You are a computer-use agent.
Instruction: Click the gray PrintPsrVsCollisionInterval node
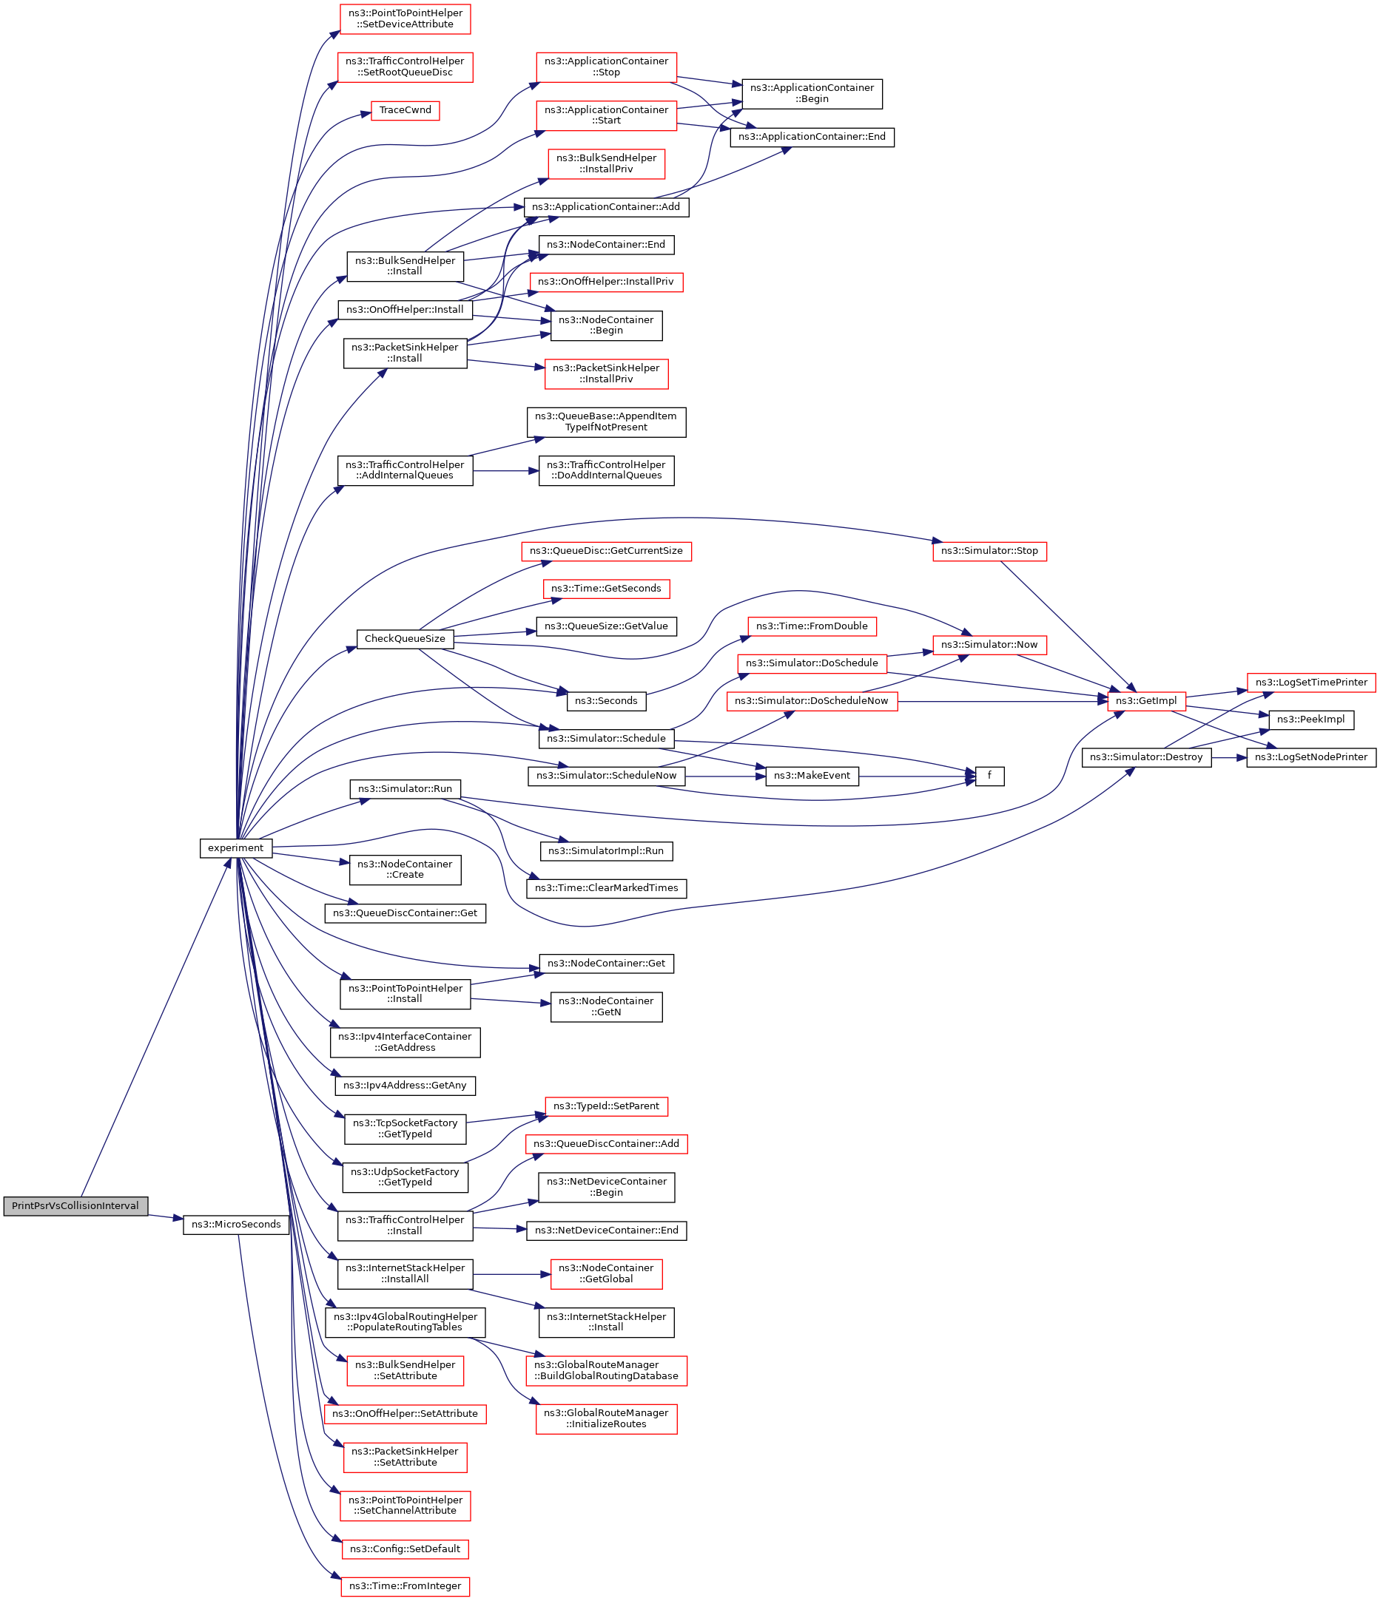75,1205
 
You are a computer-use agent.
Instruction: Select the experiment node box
236,847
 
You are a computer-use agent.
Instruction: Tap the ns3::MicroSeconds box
236,1224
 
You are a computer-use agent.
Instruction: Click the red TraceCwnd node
405,109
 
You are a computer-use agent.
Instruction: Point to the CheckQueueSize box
405,638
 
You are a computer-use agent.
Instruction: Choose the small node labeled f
989,776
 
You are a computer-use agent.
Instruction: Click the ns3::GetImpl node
1146,701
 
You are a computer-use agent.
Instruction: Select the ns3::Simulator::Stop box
989,551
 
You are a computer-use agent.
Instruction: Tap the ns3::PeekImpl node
1311,720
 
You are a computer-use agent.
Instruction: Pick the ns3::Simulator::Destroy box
1146,757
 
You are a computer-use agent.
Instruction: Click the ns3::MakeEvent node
812,776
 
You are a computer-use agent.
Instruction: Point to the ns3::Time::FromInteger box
405,1585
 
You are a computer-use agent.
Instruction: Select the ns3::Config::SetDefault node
405,1548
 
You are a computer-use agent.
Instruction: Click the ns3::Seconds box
606,701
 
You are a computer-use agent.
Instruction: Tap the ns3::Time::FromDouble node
812,626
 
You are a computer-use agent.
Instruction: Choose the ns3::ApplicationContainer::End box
812,137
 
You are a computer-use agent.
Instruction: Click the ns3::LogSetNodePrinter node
1311,757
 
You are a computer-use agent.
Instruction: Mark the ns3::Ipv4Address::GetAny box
405,1086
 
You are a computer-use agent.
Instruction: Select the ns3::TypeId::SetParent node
606,1106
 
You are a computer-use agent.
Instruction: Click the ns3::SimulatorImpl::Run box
606,850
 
